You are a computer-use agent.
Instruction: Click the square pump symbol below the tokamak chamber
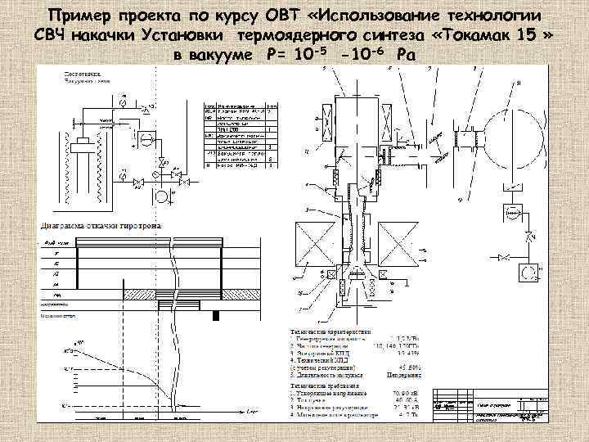(513, 211)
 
